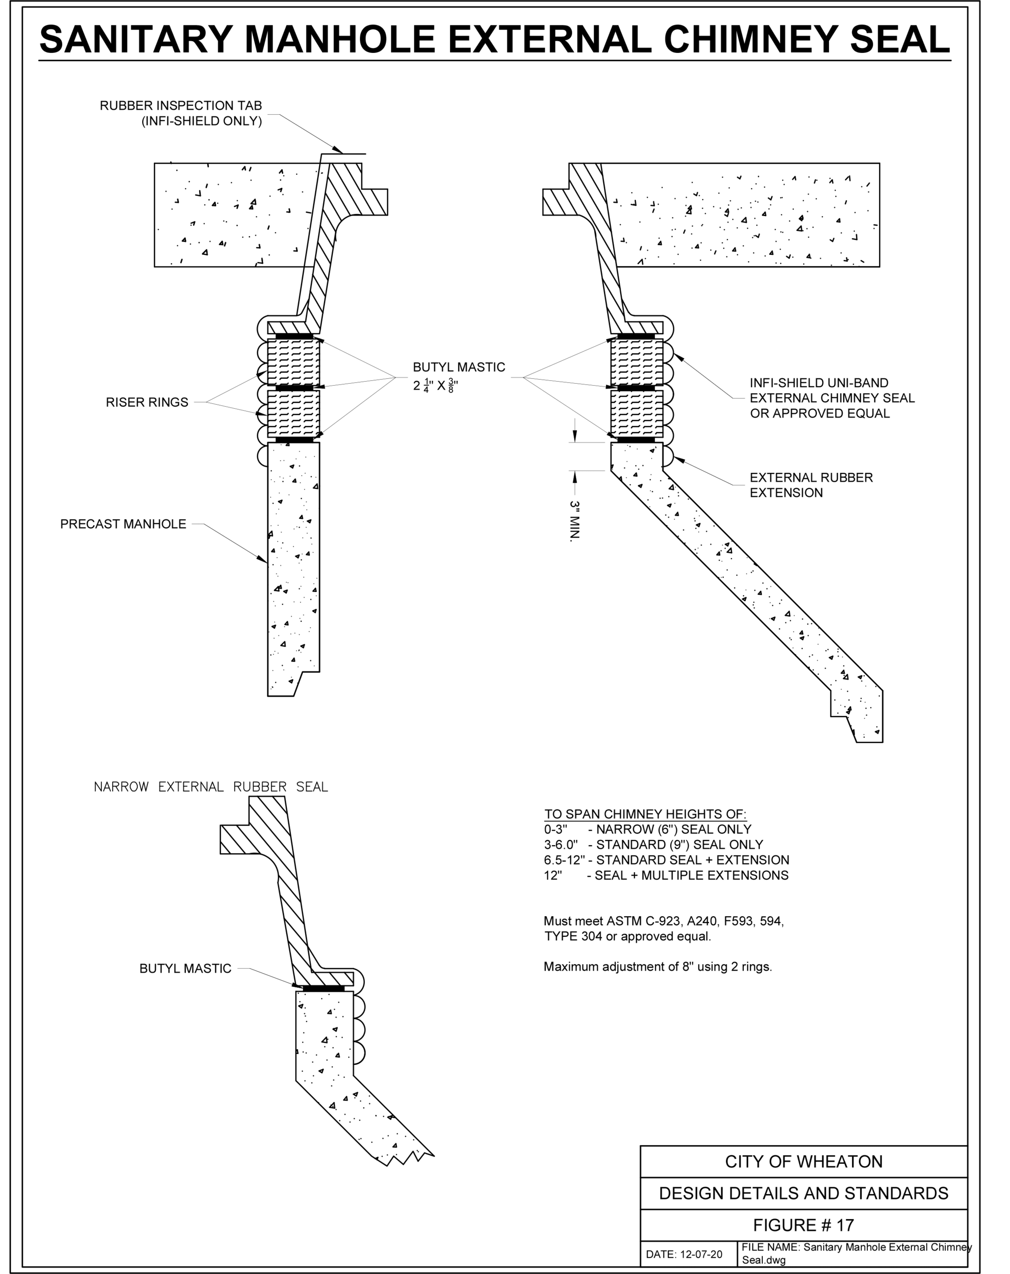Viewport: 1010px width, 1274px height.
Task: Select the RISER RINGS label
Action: pos(147,402)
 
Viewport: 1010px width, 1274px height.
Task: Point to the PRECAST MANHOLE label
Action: pos(123,524)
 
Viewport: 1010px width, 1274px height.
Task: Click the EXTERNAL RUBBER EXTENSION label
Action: pos(811,485)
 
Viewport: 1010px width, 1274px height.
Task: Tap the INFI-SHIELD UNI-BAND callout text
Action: pos(833,398)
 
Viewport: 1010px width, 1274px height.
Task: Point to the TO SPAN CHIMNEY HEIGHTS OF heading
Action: pos(645,814)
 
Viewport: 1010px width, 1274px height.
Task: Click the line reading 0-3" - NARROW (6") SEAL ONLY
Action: pos(648,830)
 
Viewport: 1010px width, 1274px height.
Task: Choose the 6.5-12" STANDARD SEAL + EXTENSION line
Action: pos(666,860)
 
